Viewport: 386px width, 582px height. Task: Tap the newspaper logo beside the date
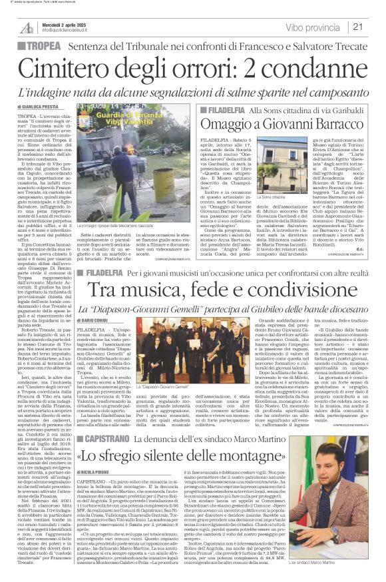[26, 27]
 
